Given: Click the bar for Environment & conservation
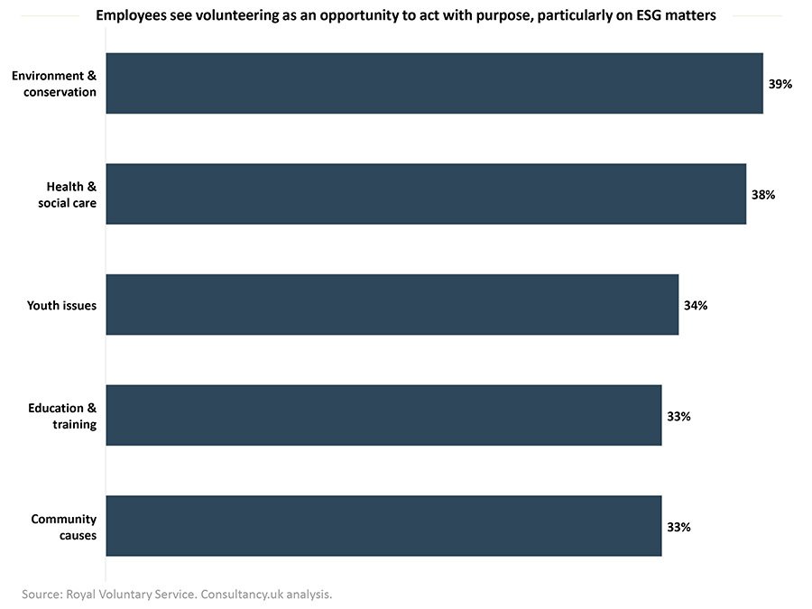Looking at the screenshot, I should pos(434,83).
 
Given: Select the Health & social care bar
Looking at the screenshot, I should pos(426,194).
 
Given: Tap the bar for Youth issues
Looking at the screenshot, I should pos(392,305).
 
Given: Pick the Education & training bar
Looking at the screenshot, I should pos(383,415).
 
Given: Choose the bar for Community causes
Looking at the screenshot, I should pos(383,526).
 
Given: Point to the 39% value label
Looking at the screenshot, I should pos(780,84).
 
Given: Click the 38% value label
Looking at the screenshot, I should pos(763,194).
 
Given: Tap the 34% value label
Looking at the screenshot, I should pos(696,305).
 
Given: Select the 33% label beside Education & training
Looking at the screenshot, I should pos(678,416).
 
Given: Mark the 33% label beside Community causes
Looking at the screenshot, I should pos(678,527).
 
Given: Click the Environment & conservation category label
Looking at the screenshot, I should pos(54,83).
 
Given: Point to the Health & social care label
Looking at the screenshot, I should pos(71,194).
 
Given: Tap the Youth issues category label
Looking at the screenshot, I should pos(61,305).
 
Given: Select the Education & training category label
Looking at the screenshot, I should pos(62,416).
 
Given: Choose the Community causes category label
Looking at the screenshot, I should pos(64,527).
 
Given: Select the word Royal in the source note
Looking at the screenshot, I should pos(81,594).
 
